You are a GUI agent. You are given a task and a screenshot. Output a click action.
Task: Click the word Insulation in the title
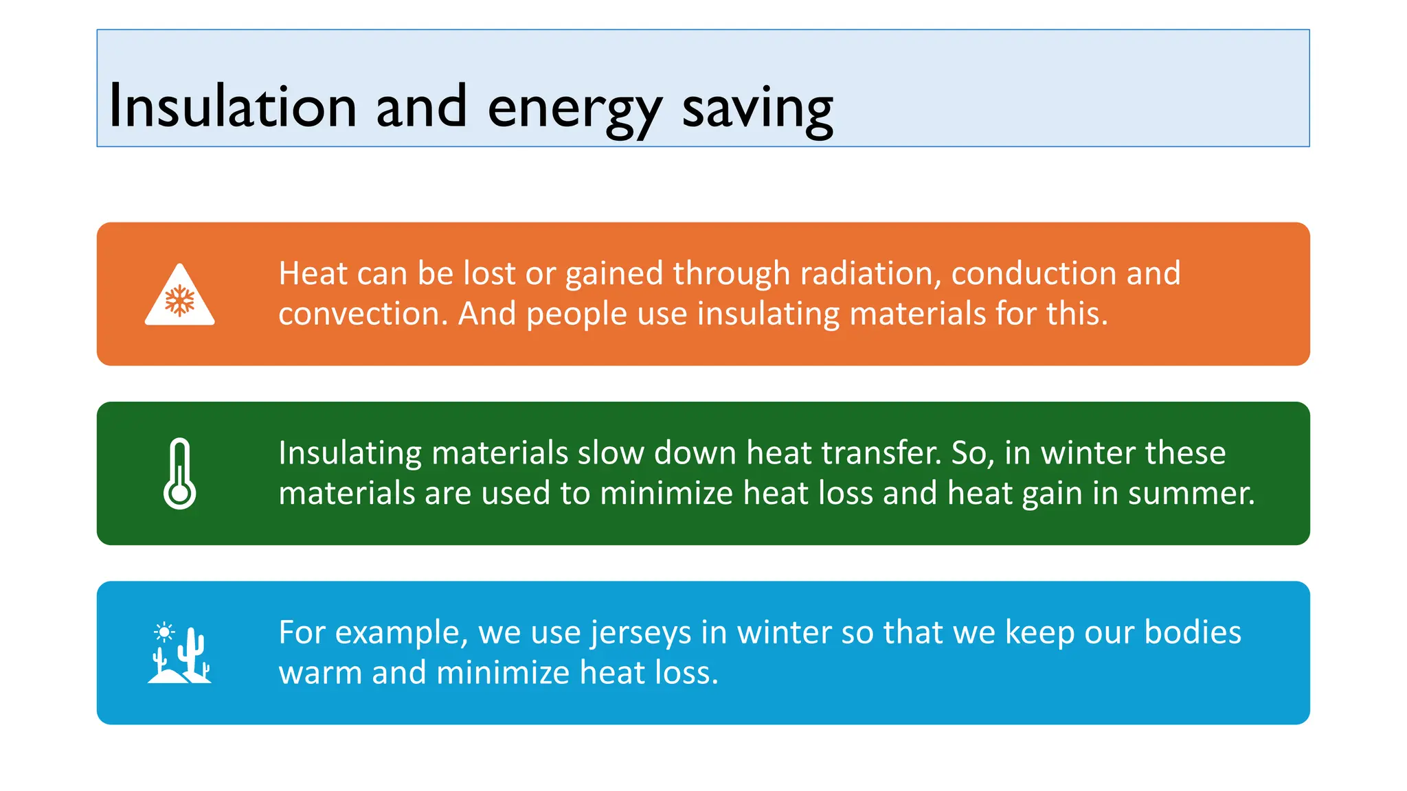tap(232, 107)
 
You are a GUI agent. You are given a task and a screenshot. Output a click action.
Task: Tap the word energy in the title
tap(574, 110)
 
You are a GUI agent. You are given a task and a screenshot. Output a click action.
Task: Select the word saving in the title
tap(757, 110)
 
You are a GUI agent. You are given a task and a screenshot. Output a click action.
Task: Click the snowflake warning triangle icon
tap(180, 297)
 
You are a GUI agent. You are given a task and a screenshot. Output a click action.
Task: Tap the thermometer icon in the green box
tap(180, 474)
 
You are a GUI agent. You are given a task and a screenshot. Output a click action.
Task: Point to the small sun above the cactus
tap(164, 631)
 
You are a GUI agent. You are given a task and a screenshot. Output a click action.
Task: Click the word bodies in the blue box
tap(1192, 632)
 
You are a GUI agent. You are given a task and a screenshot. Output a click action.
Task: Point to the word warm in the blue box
tap(319, 672)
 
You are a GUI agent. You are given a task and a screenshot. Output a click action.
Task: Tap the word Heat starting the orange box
tap(313, 273)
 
